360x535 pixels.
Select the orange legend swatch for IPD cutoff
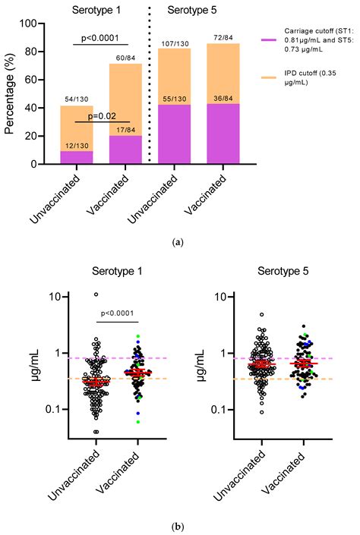[x=270, y=77]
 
